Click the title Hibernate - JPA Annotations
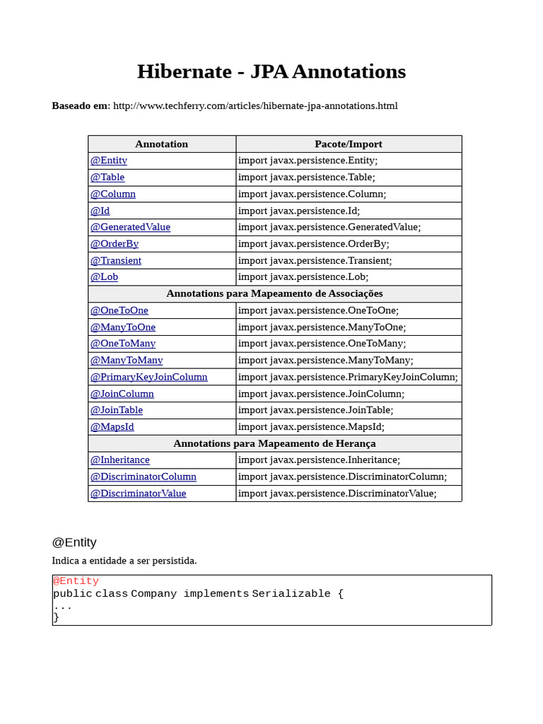click(x=271, y=71)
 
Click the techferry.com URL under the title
click(x=255, y=106)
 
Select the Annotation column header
click(x=161, y=144)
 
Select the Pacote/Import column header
click(x=348, y=144)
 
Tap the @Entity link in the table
click(x=108, y=160)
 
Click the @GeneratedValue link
click(x=130, y=227)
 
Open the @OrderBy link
click(x=114, y=244)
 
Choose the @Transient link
click(x=115, y=260)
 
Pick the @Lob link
click(x=104, y=277)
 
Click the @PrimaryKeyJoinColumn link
click(x=148, y=377)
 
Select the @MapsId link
click(x=112, y=427)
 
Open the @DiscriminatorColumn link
click(x=143, y=477)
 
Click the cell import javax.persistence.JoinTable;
click(x=315, y=410)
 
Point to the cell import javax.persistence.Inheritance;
click(x=319, y=460)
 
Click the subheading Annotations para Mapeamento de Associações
click(x=274, y=293)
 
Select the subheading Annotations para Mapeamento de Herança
click(x=274, y=443)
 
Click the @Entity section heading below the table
click(x=74, y=542)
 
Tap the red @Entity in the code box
click(x=76, y=581)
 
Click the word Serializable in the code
click(x=291, y=594)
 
